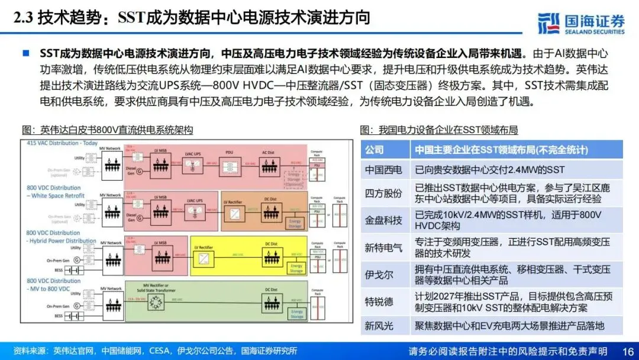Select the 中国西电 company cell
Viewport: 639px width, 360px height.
point(383,170)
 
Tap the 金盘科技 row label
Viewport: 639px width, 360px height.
point(383,220)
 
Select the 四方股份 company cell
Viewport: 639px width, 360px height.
point(383,194)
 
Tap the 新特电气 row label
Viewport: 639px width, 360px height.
point(383,247)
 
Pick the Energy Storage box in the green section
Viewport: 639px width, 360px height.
point(296,314)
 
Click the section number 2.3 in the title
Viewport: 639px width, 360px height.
point(22,18)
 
